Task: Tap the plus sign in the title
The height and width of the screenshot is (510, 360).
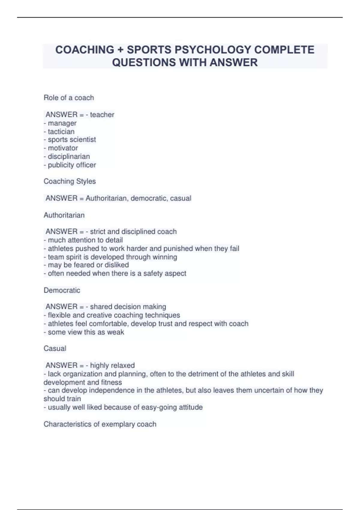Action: tap(120, 50)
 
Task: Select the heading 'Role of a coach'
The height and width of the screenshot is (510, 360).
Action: tap(69, 98)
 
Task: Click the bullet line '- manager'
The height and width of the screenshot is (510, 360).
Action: tap(60, 123)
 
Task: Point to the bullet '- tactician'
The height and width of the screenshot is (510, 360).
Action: tap(59, 131)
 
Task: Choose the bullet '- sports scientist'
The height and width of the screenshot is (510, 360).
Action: tap(70, 139)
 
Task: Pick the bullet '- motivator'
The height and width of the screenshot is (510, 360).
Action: tap(61, 148)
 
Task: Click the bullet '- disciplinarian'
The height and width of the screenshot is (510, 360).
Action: tap(67, 156)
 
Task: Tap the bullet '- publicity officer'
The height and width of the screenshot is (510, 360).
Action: tap(70, 165)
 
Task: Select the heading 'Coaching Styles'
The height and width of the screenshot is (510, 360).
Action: tap(70, 181)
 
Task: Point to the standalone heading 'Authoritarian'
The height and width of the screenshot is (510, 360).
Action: tap(64, 215)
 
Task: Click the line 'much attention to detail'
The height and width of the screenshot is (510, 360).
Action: tap(83, 240)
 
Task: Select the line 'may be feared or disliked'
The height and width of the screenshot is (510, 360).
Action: tap(86, 265)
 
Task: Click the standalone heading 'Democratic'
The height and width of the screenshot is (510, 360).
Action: tap(62, 290)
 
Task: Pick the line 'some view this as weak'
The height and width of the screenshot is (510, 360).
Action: tap(84, 332)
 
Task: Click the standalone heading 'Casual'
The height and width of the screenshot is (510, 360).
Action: tap(55, 348)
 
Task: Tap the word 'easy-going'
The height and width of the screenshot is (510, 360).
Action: tap(159, 407)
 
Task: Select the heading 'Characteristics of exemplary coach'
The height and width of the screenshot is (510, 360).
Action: tap(100, 424)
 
